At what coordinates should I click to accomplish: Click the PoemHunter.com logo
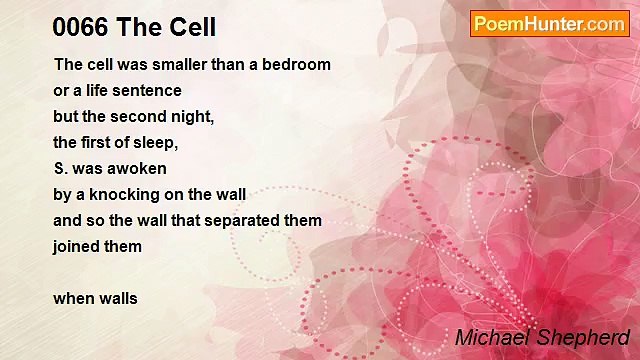(x=549, y=24)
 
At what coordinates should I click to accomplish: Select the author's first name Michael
(x=489, y=338)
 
